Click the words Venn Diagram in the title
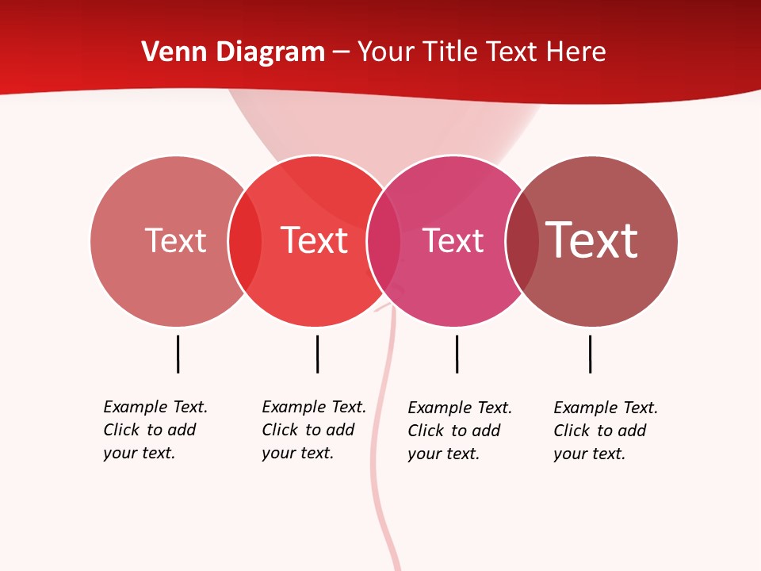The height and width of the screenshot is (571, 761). click(x=233, y=52)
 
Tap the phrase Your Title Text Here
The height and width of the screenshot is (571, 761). click(x=481, y=52)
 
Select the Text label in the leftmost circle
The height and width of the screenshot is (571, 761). click(x=175, y=240)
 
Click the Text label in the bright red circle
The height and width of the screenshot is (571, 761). click(x=314, y=240)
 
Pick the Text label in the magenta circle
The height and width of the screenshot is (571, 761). click(x=453, y=240)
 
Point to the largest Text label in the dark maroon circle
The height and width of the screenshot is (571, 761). click(x=591, y=240)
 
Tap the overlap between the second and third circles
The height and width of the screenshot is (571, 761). click(x=384, y=241)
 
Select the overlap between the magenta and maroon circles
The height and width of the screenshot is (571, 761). click(x=522, y=241)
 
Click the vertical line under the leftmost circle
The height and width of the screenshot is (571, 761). click(x=178, y=354)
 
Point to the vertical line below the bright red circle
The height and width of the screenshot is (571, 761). click(x=317, y=354)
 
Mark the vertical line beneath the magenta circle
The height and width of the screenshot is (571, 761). click(x=457, y=354)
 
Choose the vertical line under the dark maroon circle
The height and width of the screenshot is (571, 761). click(x=590, y=354)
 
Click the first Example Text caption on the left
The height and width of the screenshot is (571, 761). click(x=155, y=430)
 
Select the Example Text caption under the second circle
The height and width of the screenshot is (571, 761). click(x=313, y=430)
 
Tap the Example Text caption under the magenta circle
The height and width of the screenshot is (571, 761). click(x=459, y=431)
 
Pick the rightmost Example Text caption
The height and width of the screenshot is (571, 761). click(x=605, y=431)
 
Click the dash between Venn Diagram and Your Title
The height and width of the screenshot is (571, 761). click(x=341, y=53)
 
